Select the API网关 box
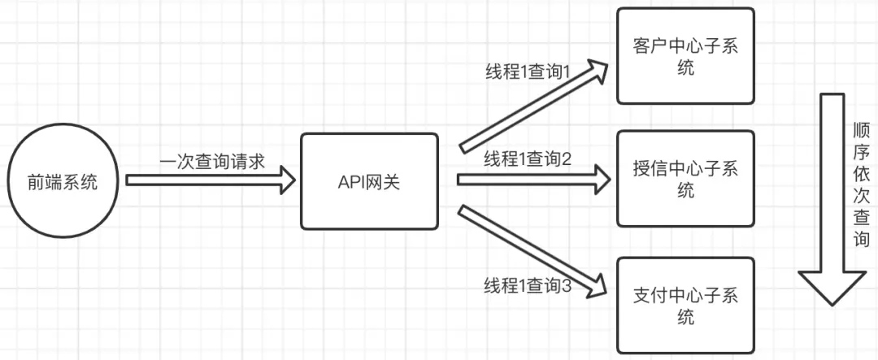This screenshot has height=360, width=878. coord(369,181)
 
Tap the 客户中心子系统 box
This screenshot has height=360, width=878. coord(685,55)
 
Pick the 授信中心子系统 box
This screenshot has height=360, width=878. coord(685,178)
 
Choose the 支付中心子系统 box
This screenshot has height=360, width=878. coord(685,304)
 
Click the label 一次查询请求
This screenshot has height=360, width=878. coord(212,161)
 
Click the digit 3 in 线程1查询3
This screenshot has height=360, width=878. coord(567,286)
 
